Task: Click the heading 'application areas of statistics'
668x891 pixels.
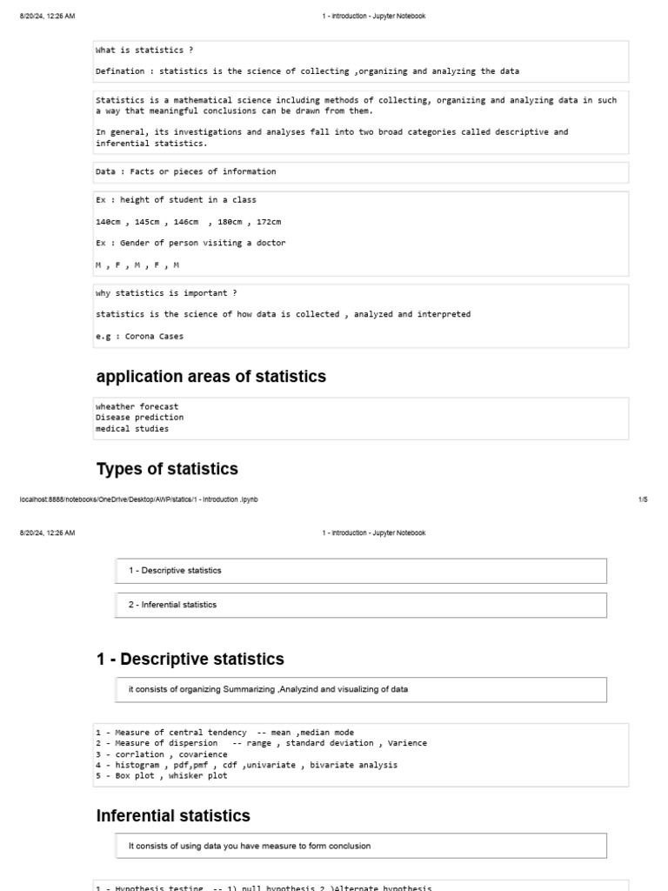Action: pos(210,377)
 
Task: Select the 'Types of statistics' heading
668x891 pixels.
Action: pos(166,469)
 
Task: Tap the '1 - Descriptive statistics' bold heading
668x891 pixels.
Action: pos(190,659)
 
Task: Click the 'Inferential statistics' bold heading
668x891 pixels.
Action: pos(173,815)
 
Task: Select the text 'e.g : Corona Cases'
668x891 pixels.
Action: pos(139,336)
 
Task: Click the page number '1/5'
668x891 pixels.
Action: pos(643,499)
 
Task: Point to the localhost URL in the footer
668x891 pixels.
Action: pos(138,499)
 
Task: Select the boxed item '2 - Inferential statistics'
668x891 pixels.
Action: pos(172,605)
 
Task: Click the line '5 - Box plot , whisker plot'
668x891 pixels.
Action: pos(162,775)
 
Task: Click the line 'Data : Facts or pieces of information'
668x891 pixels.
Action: pos(185,171)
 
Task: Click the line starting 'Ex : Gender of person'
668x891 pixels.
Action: pos(190,243)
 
